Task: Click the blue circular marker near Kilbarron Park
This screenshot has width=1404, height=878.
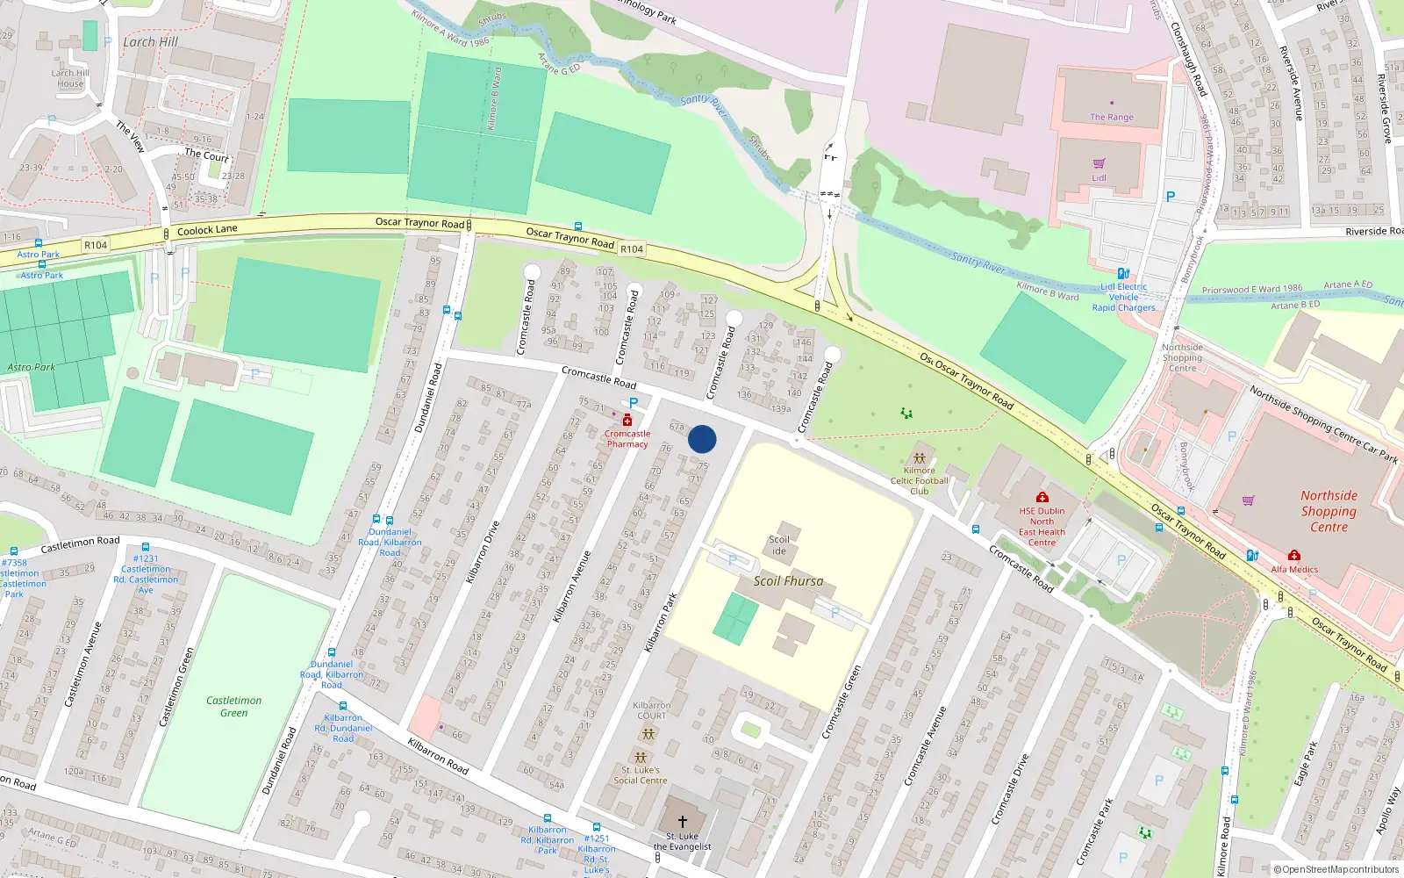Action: [702, 439]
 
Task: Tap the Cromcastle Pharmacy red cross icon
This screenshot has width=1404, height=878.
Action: [627, 421]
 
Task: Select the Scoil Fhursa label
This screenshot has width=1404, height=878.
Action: [788, 581]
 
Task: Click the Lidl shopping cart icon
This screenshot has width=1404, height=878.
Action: [1099, 164]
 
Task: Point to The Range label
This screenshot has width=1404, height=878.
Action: [1111, 117]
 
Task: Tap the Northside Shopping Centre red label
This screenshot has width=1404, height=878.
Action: [1329, 511]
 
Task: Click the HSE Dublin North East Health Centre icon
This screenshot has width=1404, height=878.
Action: [1042, 498]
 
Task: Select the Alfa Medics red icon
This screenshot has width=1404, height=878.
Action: [1293, 556]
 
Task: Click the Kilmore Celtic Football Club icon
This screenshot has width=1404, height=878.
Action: [919, 457]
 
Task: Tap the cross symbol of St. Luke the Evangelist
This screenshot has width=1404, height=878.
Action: [682, 823]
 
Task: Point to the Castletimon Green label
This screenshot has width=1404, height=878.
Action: [233, 707]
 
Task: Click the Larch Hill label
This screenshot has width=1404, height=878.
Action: [150, 42]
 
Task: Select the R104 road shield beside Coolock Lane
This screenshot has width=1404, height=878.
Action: [96, 245]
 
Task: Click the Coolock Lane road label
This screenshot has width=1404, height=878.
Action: [207, 230]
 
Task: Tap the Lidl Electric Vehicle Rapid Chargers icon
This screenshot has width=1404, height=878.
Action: [1122, 273]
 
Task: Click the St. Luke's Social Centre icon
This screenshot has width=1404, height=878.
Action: [641, 757]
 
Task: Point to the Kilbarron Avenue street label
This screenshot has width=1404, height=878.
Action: [572, 587]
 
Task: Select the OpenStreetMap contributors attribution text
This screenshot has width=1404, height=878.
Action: [1336, 869]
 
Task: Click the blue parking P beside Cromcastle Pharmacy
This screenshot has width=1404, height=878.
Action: [634, 403]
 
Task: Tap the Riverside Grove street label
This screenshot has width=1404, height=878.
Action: [1384, 108]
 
